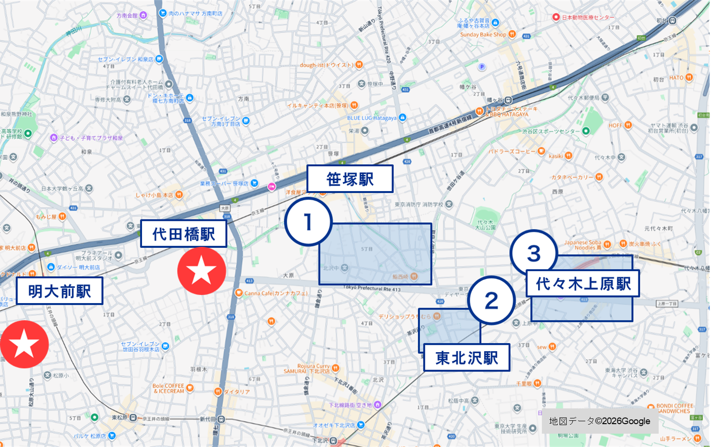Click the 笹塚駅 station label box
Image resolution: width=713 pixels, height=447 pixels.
(x=350, y=179)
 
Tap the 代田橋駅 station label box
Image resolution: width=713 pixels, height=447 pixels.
(x=184, y=234)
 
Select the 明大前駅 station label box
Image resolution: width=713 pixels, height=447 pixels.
(x=59, y=291)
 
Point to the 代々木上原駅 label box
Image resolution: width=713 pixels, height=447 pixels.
(x=583, y=283)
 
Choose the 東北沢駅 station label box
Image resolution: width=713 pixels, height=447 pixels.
(x=467, y=358)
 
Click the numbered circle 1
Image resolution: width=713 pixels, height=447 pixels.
(x=308, y=222)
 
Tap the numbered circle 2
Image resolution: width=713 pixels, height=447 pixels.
(x=491, y=301)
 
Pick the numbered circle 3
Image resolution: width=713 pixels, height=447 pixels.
(x=533, y=253)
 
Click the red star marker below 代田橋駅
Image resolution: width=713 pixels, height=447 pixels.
(x=201, y=271)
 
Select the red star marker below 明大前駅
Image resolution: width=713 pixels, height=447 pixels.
(x=24, y=344)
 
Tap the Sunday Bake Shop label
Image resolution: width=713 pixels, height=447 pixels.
(x=483, y=34)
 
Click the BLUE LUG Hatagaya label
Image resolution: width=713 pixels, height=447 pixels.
(x=372, y=118)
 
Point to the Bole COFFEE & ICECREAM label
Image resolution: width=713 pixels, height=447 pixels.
(x=168, y=388)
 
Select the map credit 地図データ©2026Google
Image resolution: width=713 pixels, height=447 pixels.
(x=599, y=421)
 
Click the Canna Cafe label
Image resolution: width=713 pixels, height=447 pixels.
(x=276, y=293)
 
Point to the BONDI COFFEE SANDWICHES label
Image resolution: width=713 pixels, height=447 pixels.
(x=674, y=408)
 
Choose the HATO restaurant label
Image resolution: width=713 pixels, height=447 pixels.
(x=676, y=78)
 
